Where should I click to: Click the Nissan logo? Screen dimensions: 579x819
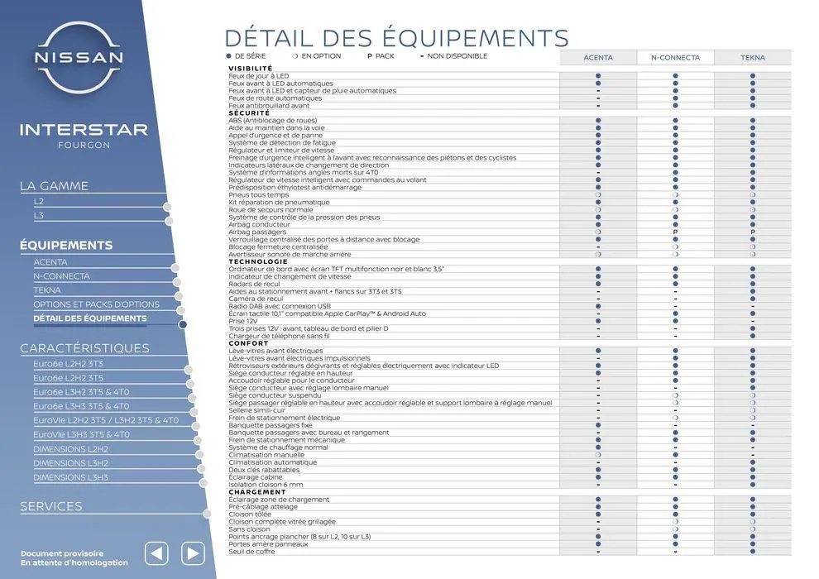click(79, 57)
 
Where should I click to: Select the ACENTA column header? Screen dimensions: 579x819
click(597, 58)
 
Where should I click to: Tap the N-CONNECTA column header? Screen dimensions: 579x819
click(675, 58)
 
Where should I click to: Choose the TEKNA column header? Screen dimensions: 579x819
click(752, 58)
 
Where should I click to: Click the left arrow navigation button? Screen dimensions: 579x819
click(156, 553)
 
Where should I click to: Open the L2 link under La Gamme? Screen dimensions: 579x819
click(39, 201)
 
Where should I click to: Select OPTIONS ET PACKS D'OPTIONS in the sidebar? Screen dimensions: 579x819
click(96, 304)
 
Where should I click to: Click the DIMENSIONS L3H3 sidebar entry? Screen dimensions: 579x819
click(70, 477)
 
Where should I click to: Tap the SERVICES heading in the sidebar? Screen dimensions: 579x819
click(51, 506)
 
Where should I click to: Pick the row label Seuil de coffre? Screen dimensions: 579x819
click(251, 552)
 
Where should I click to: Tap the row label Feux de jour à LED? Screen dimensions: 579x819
click(258, 75)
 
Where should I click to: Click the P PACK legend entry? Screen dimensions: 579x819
click(381, 56)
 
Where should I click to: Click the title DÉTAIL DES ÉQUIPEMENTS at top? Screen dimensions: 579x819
click(396, 38)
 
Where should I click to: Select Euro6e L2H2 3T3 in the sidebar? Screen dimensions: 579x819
click(68, 363)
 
